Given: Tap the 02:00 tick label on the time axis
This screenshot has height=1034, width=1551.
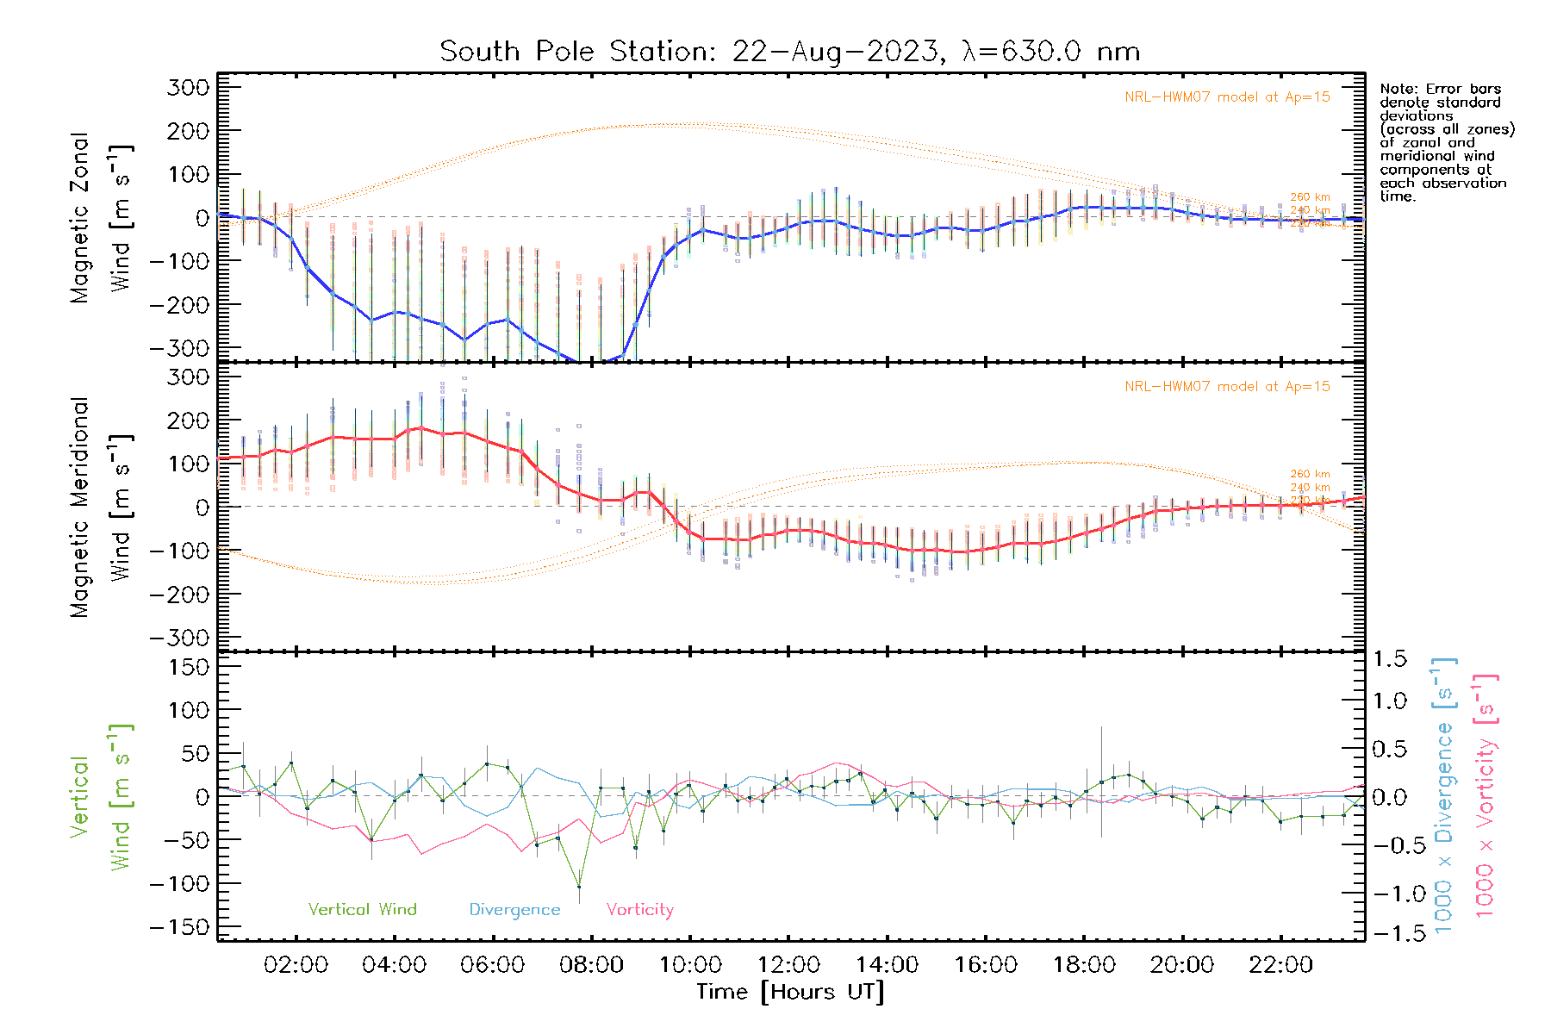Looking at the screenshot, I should (x=296, y=965).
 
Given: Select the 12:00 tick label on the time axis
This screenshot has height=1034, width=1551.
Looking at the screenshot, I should (x=788, y=965).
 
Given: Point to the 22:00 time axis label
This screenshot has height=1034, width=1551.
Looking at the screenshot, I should (x=1280, y=965).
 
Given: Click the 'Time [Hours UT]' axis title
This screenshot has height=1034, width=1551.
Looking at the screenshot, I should (x=790, y=992).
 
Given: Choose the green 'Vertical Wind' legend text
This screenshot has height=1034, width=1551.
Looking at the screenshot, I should (x=362, y=910).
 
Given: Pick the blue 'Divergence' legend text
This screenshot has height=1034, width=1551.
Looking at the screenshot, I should (x=514, y=910).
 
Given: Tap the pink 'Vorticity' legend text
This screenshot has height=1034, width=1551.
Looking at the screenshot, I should (x=639, y=910).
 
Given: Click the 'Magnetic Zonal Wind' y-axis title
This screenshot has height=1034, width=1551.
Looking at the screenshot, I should (x=101, y=218).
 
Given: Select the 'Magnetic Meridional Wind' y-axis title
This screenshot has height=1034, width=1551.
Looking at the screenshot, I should (x=101, y=508).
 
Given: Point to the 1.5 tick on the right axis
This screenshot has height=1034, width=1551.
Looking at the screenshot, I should (x=1389, y=659).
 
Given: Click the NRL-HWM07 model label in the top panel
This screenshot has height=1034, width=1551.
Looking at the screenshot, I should (x=1227, y=97).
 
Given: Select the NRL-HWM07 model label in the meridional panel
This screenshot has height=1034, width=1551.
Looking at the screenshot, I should (x=1227, y=387).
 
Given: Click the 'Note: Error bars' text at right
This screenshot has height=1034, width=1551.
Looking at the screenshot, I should (x=1440, y=90).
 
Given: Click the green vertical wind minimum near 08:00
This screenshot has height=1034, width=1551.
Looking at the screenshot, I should (x=579, y=887).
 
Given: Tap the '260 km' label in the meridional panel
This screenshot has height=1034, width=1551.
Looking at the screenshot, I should (x=1310, y=474).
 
